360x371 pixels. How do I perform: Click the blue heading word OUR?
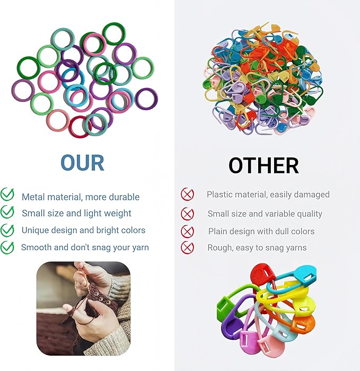click(x=82, y=163)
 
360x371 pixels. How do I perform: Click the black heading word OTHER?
click(x=264, y=166)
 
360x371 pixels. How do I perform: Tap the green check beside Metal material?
click(x=7, y=195)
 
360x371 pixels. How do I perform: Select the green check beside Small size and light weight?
click(x=7, y=212)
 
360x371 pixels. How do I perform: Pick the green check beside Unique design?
click(x=7, y=229)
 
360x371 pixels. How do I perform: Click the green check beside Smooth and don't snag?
click(x=7, y=246)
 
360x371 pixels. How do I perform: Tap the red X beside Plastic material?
click(x=187, y=195)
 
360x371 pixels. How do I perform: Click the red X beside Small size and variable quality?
click(x=187, y=214)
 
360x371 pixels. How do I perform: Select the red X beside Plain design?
click(x=187, y=231)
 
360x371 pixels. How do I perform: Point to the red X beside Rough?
click(x=187, y=247)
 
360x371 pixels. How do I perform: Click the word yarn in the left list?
click(x=139, y=248)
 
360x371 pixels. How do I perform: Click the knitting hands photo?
click(x=83, y=308)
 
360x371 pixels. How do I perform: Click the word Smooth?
click(x=37, y=248)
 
